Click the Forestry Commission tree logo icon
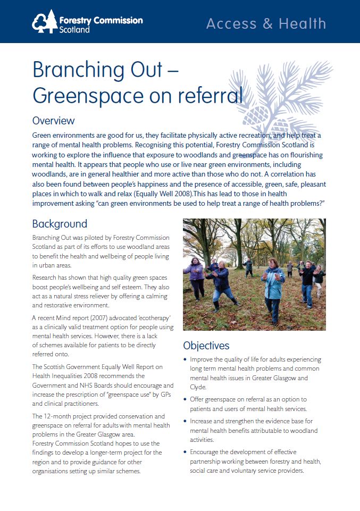tap(45, 22)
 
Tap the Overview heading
tap(54, 121)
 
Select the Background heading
tap(60, 224)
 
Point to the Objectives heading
tap(206, 345)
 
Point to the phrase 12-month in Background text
tap(62, 416)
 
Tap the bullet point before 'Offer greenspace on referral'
tap(185, 399)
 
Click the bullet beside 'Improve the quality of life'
tap(185, 359)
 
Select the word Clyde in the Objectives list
tap(198, 387)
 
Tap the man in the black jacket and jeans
tap(307, 282)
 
